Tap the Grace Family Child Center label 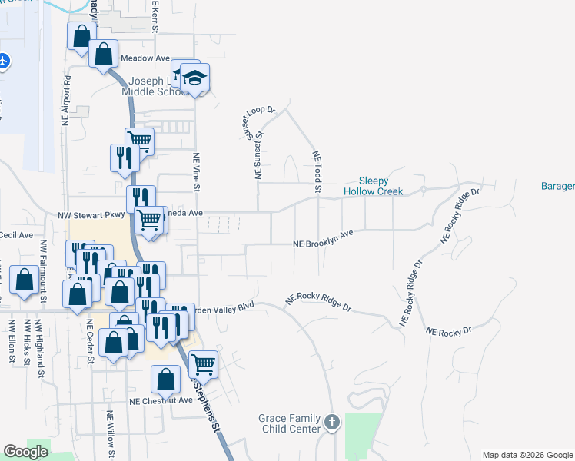click(x=290, y=423)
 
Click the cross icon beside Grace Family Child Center click(x=332, y=422)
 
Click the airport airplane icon click(x=3, y=60)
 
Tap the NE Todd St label click(x=316, y=171)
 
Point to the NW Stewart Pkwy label click(x=91, y=216)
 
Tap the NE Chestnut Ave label click(x=161, y=400)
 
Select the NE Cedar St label click(x=90, y=341)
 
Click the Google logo click(x=25, y=452)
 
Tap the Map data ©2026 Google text click(x=527, y=455)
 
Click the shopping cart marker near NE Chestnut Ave click(x=203, y=363)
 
